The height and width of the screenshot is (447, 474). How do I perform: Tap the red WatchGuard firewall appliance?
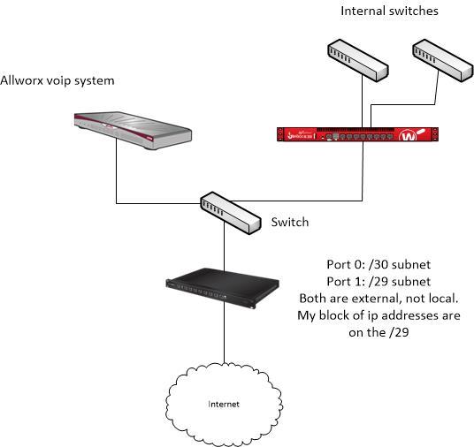357,135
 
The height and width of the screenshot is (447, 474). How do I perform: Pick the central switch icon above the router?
227,212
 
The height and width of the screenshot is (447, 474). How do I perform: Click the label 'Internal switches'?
389,11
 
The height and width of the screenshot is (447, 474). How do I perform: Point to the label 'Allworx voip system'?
57,80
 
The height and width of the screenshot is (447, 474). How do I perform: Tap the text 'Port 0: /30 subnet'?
378,264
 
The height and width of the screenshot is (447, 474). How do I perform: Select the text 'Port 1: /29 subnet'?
378,281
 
